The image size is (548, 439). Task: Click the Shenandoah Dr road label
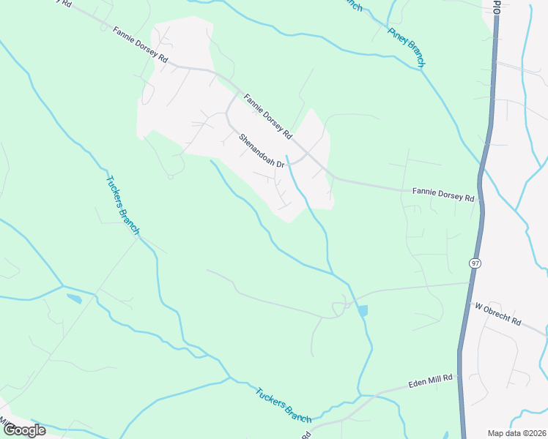(261, 149)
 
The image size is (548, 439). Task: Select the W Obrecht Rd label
(497, 314)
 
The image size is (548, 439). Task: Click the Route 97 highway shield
(475, 263)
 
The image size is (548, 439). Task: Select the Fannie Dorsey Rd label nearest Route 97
(443, 194)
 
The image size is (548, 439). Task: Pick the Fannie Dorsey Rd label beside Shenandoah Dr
(267, 116)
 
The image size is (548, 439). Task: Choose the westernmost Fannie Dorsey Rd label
(141, 44)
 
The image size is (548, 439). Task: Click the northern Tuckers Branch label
(122, 205)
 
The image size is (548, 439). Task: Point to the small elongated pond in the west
(74, 299)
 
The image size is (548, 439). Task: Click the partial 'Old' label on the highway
(497, 7)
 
